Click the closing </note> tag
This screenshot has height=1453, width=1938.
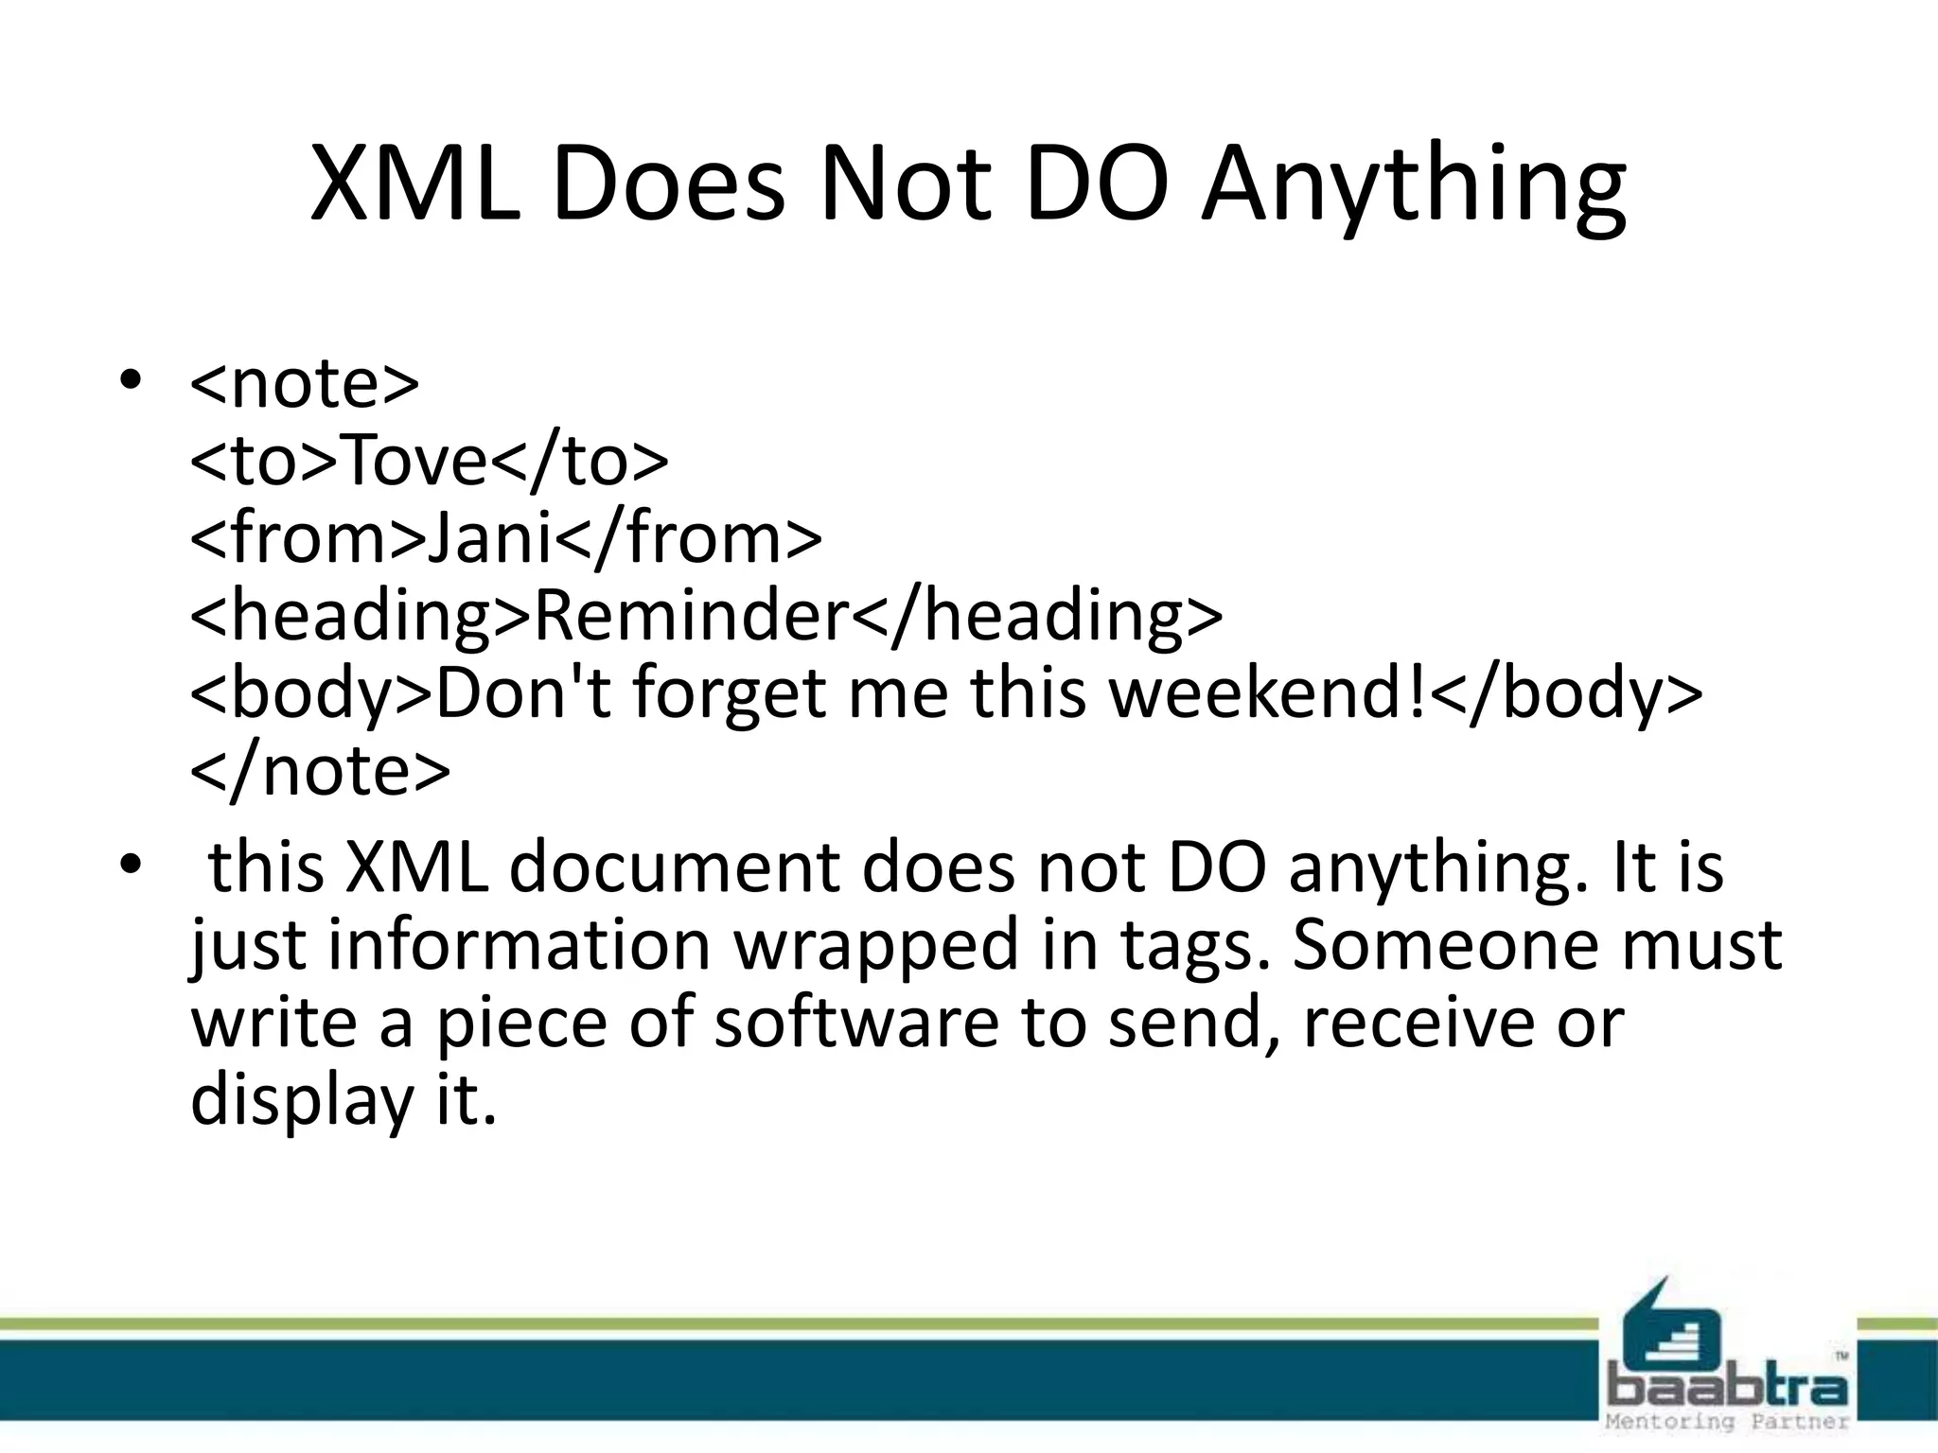click(320, 772)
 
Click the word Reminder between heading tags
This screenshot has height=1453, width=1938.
click(692, 617)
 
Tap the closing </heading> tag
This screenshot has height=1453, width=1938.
click(1037, 617)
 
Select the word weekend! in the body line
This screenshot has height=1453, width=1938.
click(1268, 693)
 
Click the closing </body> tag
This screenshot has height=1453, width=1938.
click(1566, 695)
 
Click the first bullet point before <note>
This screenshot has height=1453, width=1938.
click(130, 381)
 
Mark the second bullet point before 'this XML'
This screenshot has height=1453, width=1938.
click(130, 865)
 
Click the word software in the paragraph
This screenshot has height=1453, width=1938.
click(855, 1023)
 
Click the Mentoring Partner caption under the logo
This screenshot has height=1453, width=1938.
click(1728, 1422)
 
